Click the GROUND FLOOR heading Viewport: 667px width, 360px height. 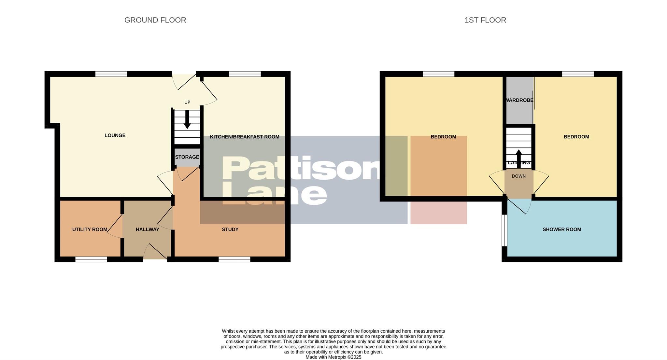[x=155, y=20]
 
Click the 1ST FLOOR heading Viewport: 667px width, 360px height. [x=485, y=20]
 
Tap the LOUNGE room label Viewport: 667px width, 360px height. [x=115, y=135]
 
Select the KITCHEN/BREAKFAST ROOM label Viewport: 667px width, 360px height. [x=244, y=137]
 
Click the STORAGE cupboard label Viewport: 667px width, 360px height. [x=187, y=157]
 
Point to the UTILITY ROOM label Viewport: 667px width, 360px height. [x=90, y=229]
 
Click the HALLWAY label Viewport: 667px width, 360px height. [x=147, y=229]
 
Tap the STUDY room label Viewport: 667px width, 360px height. [x=230, y=229]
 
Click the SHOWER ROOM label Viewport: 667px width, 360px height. [x=561, y=229]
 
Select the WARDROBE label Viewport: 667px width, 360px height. [x=519, y=100]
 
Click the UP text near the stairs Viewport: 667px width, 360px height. [x=187, y=102]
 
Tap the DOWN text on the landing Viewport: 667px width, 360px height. [x=518, y=176]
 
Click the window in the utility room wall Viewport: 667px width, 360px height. [x=91, y=259]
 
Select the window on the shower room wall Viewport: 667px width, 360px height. [x=504, y=230]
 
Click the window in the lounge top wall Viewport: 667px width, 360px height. [x=111, y=74]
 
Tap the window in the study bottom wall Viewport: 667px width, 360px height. [x=234, y=259]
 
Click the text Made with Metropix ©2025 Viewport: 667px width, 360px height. [x=333, y=357]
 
